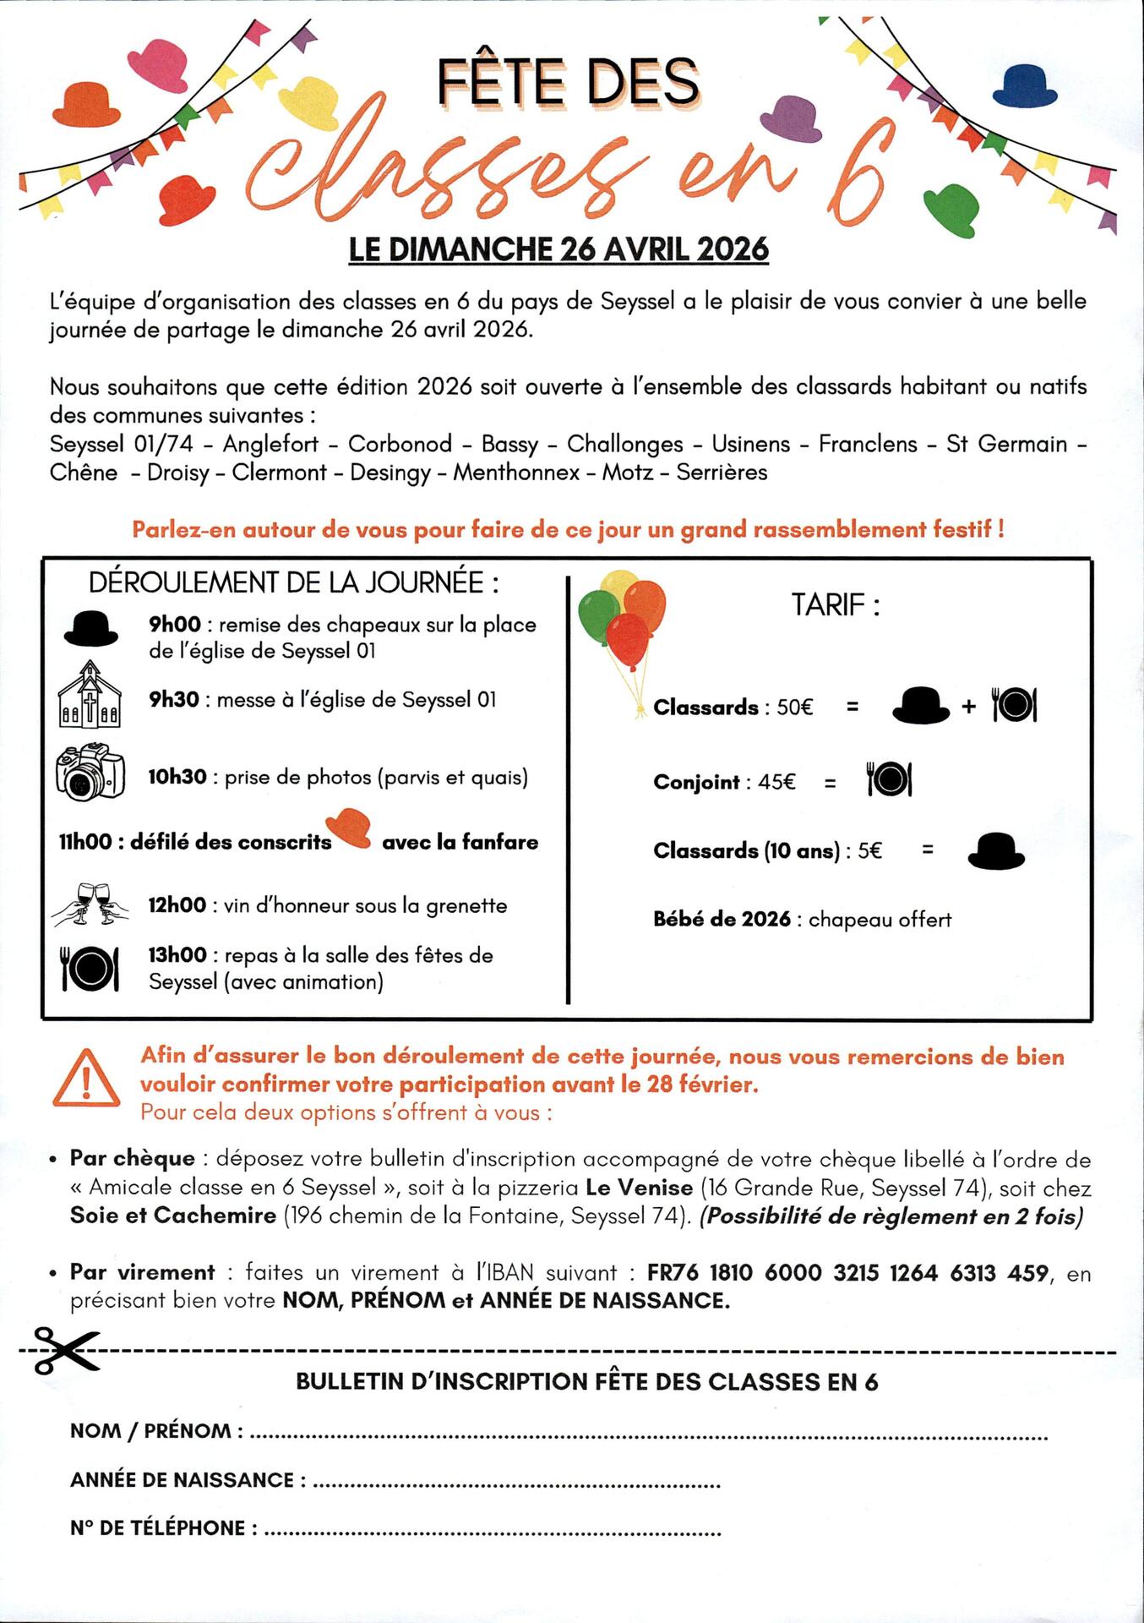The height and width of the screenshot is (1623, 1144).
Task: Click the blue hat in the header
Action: pyautogui.click(x=1024, y=86)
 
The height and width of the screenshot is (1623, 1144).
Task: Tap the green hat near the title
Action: pyautogui.click(x=952, y=208)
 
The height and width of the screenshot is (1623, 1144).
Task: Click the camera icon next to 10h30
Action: pyautogui.click(x=90, y=772)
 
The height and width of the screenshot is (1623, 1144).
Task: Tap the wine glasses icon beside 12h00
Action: pyautogui.click(x=91, y=904)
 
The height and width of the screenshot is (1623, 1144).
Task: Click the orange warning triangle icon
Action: pyautogui.click(x=86, y=1079)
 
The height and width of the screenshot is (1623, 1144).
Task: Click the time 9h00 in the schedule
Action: pyautogui.click(x=175, y=625)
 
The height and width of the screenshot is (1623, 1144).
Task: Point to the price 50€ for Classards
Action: pyautogui.click(x=794, y=708)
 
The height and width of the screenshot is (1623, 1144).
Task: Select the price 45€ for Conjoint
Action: pyautogui.click(x=776, y=782)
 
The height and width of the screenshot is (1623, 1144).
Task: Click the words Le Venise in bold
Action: pyautogui.click(x=639, y=1188)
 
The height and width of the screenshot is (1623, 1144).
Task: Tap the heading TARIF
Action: pyautogui.click(x=835, y=605)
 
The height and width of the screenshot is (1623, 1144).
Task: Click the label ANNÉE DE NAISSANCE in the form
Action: pyautogui.click(x=182, y=1480)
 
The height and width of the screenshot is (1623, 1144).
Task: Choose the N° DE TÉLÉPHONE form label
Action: pyautogui.click(x=158, y=1528)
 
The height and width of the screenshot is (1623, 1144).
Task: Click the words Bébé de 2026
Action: pyautogui.click(x=722, y=920)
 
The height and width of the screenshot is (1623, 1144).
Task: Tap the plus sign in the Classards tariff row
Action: pyautogui.click(x=968, y=707)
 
